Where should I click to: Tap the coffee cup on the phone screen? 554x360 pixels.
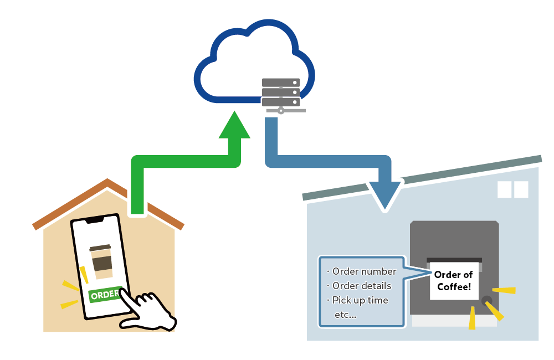(x=101, y=261)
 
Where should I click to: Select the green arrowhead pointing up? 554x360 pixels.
(x=235, y=126)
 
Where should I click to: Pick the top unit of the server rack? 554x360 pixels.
(x=280, y=83)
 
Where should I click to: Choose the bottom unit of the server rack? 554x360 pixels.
(x=280, y=102)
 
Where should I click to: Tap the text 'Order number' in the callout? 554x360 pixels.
(x=364, y=271)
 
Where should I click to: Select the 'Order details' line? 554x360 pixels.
(x=361, y=286)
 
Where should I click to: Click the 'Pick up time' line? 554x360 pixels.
(x=360, y=300)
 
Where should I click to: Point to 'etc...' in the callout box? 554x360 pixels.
(x=346, y=315)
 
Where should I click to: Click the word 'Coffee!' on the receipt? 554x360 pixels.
(x=454, y=287)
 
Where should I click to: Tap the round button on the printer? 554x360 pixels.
(x=486, y=301)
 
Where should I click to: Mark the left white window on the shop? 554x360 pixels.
(x=504, y=189)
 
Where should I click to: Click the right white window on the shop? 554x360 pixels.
(x=521, y=189)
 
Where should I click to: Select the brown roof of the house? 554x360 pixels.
(x=66, y=204)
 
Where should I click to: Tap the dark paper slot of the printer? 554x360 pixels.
(x=454, y=260)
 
